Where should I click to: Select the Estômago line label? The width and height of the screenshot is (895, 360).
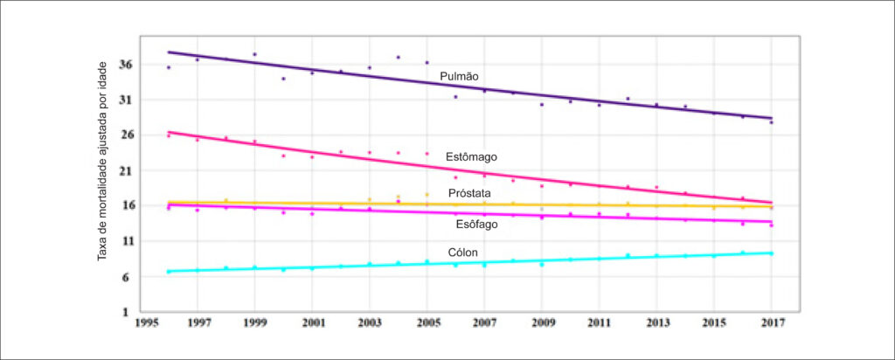471,156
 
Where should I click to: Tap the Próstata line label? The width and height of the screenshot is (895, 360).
469,193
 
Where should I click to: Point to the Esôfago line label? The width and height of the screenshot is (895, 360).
476,225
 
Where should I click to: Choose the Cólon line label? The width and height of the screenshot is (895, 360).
463,253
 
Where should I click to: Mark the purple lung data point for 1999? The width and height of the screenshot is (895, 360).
254,54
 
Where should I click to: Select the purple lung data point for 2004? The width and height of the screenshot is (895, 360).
398,57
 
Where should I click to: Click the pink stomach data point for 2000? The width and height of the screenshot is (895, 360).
283,156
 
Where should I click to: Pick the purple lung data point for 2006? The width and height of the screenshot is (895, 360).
455,96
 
